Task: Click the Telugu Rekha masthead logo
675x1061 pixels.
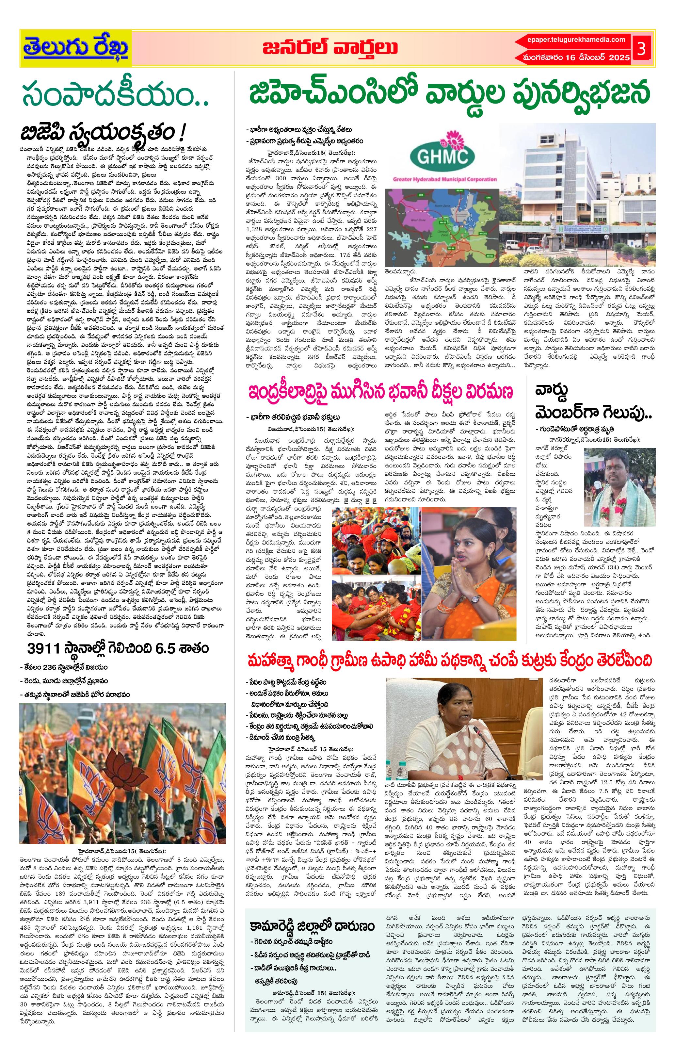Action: tap(76, 48)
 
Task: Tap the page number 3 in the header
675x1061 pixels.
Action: tap(641, 49)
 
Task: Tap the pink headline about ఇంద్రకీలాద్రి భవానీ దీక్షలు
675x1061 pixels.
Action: tap(381, 391)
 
